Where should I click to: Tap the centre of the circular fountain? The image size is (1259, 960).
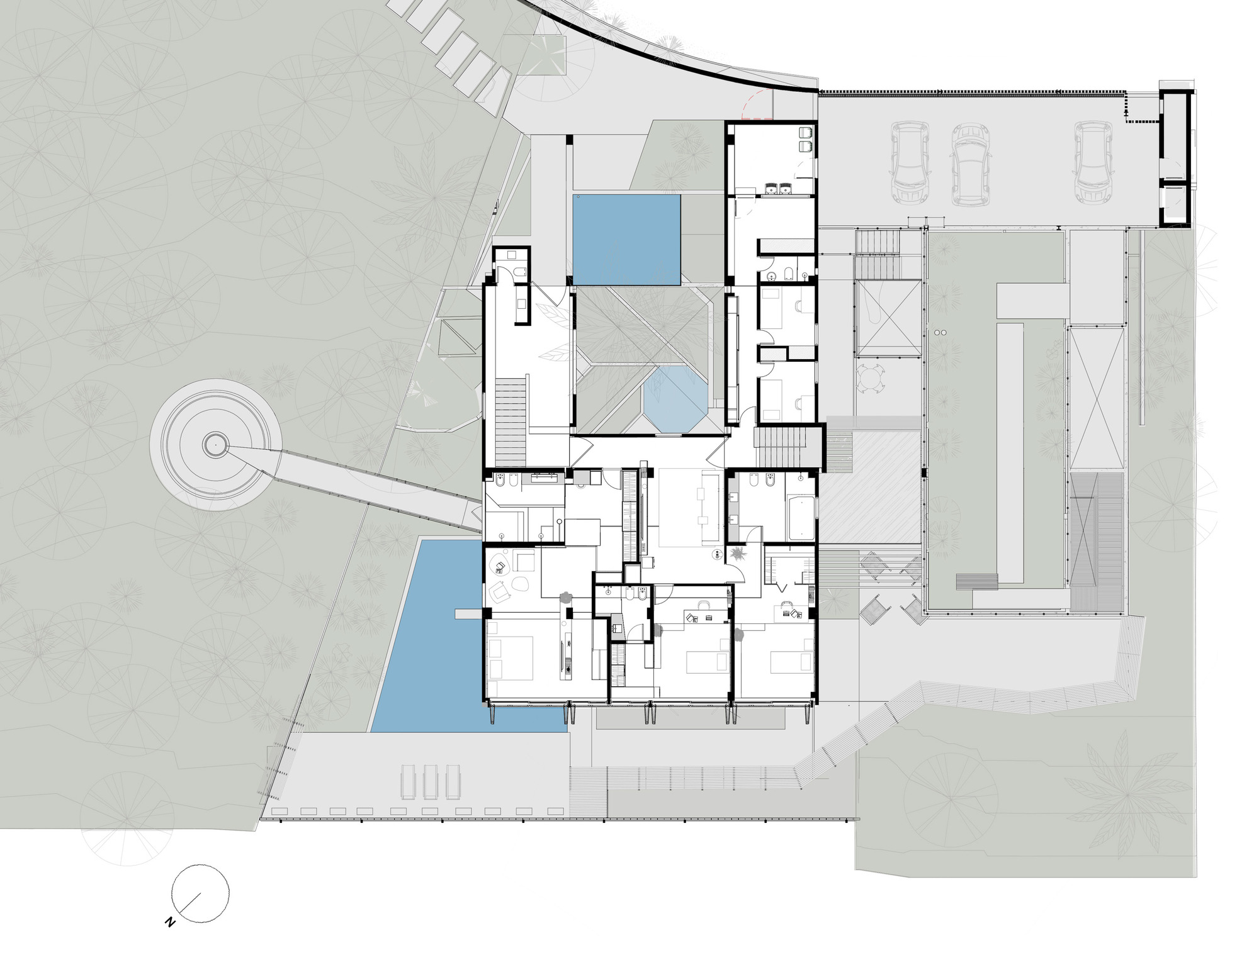coord(215,445)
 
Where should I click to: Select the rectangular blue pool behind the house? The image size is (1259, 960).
coord(626,239)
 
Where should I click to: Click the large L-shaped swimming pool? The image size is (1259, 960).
coord(434,642)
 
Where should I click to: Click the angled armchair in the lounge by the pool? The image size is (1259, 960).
coord(500,591)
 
